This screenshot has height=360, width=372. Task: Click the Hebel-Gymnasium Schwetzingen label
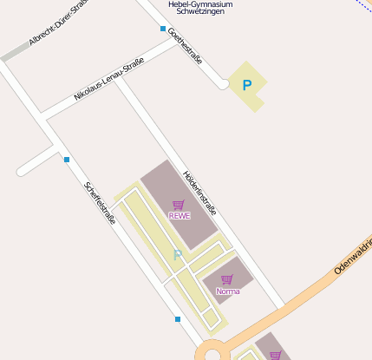200,8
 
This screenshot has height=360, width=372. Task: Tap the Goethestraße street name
185,46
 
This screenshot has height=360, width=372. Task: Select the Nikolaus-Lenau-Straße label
108,80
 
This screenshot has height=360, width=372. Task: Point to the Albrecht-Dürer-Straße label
60,29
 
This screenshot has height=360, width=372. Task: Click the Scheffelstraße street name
100,202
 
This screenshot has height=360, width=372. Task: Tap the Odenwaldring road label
354,258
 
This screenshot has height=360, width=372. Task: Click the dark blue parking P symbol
247,86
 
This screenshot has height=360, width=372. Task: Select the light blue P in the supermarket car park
178,255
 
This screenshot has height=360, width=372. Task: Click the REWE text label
179,215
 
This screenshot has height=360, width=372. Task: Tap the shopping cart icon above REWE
179,205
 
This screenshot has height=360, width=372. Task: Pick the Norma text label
227,291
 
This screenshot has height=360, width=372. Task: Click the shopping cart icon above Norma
227,279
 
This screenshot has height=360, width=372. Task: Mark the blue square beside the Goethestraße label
163,29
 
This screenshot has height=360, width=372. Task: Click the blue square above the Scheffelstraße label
67,159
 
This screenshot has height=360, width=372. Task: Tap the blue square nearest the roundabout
178,319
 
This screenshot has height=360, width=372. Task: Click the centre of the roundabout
212,354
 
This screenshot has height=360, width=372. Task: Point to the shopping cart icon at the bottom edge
276,355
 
